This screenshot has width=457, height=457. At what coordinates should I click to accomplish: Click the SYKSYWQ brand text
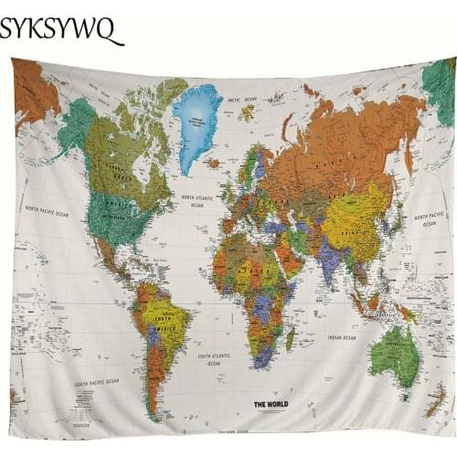[59, 29]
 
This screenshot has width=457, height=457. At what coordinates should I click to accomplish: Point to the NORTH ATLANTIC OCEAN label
[197, 201]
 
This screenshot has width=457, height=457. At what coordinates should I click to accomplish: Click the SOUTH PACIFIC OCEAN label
[97, 381]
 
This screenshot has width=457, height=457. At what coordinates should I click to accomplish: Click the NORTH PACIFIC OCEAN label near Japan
[429, 219]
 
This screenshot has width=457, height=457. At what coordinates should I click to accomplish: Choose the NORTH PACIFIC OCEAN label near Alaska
[48, 212]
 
